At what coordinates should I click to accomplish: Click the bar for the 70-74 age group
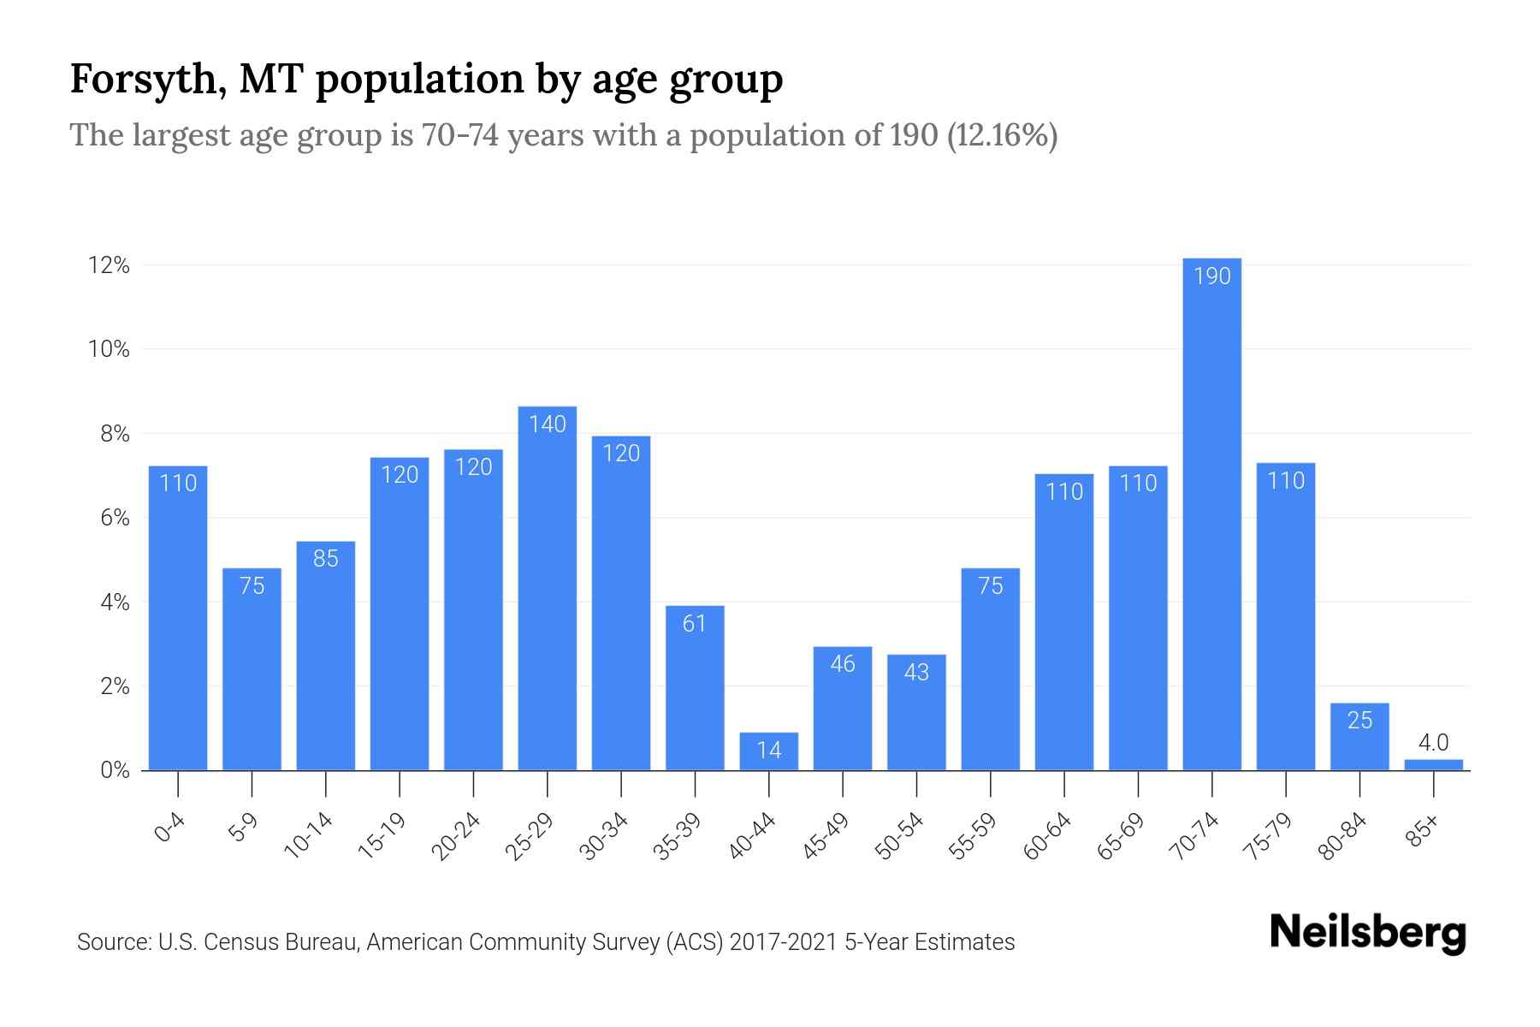click(1211, 513)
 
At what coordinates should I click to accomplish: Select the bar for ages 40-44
click(768, 751)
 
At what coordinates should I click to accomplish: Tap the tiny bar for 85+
click(1433, 765)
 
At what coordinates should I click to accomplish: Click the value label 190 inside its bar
click(1211, 276)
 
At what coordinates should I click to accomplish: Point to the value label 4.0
click(1433, 743)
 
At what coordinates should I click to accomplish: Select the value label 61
click(695, 624)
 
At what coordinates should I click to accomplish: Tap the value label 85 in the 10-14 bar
click(326, 559)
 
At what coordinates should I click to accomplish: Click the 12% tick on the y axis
click(109, 266)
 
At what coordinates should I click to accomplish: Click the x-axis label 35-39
click(677, 836)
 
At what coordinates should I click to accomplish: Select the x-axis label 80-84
click(1342, 836)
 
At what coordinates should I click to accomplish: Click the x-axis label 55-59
click(973, 836)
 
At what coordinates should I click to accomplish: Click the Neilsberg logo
click(1367, 933)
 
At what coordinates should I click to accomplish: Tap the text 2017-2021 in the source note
click(784, 942)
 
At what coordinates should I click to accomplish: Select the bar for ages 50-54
click(916, 712)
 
